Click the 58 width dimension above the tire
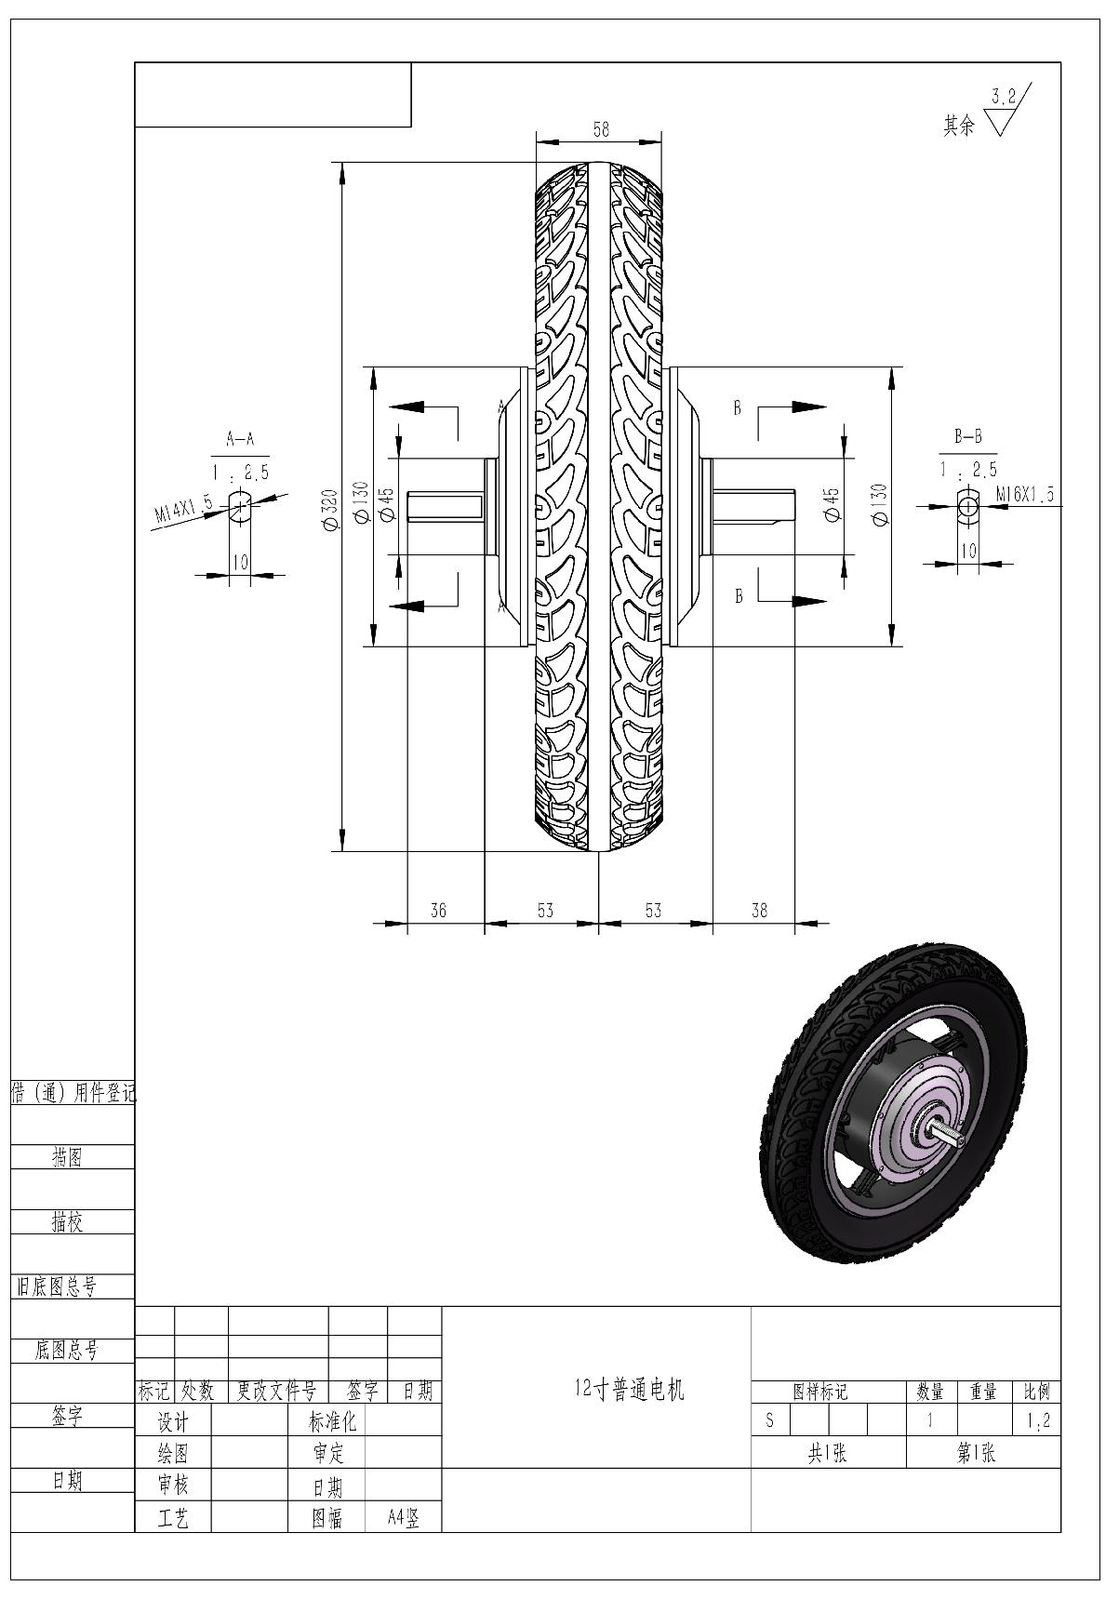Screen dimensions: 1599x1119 (x=601, y=129)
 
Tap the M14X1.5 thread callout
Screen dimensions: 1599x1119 (x=183, y=511)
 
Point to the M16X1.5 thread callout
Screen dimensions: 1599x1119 (x=1024, y=495)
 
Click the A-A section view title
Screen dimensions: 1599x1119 (x=239, y=439)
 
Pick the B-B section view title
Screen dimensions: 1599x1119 (x=968, y=435)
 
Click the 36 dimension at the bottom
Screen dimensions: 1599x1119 (x=438, y=911)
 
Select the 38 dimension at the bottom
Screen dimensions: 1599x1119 (x=759, y=911)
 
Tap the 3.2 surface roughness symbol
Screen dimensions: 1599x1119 (x=1004, y=96)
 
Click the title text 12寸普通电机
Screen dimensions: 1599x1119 (x=629, y=1390)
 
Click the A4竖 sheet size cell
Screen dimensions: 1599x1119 (x=403, y=1518)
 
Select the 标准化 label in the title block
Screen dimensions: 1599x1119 (x=332, y=1421)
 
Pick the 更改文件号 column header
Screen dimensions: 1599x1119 (x=276, y=1392)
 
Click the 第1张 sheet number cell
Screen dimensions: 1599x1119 (x=976, y=1453)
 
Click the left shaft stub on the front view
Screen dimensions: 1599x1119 (x=445, y=507)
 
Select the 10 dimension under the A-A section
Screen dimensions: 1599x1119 (x=240, y=562)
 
